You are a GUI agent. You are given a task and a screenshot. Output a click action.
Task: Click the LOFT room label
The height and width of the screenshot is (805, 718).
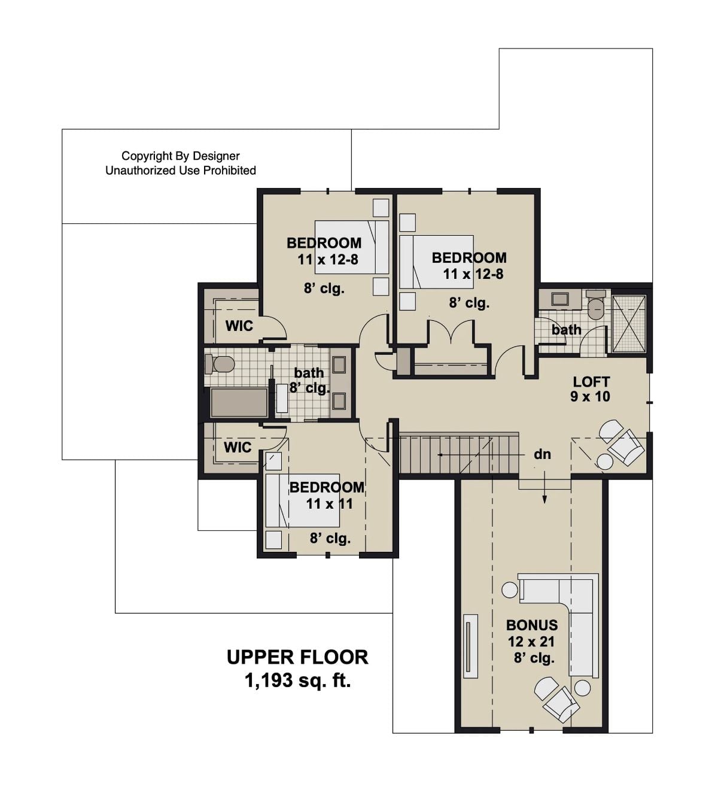tap(591, 381)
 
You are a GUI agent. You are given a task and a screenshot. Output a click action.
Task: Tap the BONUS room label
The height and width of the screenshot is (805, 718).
tap(531, 625)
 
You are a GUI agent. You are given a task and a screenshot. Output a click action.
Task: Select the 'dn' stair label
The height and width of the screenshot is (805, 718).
tap(542, 454)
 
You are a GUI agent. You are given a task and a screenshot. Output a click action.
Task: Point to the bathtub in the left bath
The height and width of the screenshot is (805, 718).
tap(239, 403)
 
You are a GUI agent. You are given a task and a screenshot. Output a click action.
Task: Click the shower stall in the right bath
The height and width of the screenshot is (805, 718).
tap(629, 323)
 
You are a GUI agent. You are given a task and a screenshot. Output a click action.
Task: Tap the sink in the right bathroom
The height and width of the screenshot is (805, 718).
tap(561, 299)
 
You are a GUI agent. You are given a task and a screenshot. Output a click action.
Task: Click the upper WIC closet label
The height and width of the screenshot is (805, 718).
tap(239, 326)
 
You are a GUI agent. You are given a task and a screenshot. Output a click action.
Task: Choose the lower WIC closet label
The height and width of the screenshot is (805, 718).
tap(238, 447)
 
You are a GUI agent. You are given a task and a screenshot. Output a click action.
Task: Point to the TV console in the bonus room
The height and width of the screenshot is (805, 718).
tap(471, 646)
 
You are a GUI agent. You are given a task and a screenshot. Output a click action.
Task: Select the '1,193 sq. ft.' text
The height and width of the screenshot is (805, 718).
tap(297, 681)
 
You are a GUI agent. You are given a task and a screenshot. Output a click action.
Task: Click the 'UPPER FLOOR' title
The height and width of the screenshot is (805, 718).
tap(297, 657)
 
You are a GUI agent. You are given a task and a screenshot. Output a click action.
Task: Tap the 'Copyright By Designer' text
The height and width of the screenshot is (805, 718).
tap(180, 156)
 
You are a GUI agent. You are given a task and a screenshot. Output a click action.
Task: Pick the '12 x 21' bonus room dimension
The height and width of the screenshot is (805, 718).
tap(531, 642)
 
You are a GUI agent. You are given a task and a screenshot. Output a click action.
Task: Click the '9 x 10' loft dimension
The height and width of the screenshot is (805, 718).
tap(590, 396)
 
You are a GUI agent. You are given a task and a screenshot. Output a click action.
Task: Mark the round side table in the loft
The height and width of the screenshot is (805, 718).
tap(605, 461)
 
